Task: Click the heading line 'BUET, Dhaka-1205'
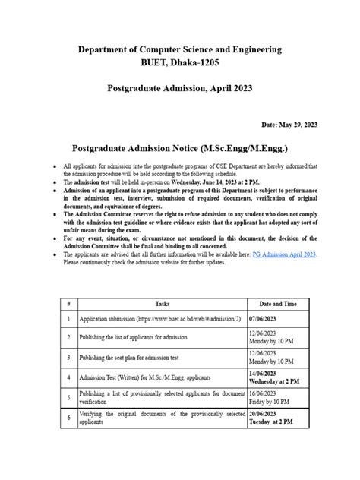coord(180,64)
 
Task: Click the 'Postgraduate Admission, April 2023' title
coord(180,89)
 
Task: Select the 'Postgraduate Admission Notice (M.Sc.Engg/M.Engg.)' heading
coord(179,147)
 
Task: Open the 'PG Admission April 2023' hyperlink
coord(284,235)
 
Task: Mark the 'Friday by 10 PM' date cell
coord(270,400)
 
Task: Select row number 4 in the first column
coord(68,376)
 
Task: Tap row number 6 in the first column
coord(68,417)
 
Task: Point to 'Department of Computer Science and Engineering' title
coord(180,49)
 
